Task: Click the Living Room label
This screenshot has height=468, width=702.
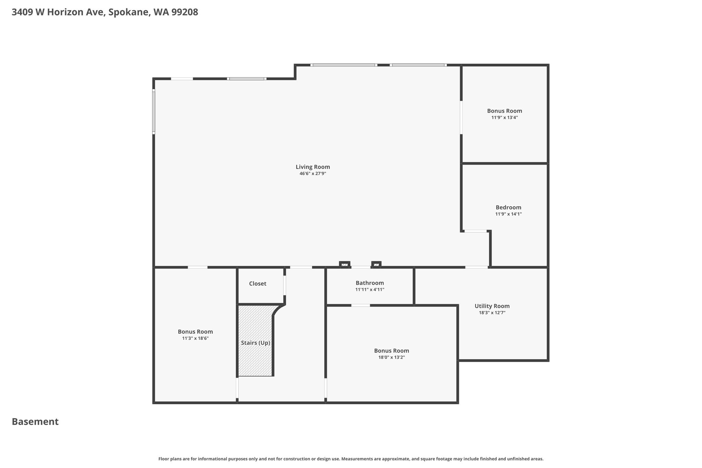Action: click(x=313, y=167)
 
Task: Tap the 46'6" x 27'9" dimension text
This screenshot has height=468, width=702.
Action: click(x=313, y=174)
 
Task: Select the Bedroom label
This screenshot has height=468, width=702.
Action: click(x=508, y=207)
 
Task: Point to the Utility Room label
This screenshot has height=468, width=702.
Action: click(x=492, y=306)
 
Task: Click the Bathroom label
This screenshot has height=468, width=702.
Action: click(x=370, y=283)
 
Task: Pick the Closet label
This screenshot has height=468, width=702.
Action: click(x=257, y=284)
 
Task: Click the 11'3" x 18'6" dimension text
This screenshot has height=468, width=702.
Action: click(x=195, y=338)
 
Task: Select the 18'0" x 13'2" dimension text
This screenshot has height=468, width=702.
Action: click(x=391, y=358)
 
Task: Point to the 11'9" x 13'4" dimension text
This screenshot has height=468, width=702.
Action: click(x=505, y=118)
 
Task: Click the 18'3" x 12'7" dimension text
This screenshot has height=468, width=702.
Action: click(x=492, y=313)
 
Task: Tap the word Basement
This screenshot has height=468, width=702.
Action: click(x=35, y=422)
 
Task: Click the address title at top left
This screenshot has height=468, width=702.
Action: click(x=105, y=12)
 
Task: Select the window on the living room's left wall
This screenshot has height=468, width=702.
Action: click(x=154, y=111)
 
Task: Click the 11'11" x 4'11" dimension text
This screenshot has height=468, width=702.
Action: click(x=370, y=290)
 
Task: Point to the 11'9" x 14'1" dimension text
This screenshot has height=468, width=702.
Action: click(x=508, y=214)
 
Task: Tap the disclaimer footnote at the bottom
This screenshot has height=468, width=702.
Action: click(x=351, y=459)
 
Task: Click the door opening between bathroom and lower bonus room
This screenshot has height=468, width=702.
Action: click(x=361, y=305)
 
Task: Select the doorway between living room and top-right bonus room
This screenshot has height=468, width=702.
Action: click(x=461, y=117)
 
